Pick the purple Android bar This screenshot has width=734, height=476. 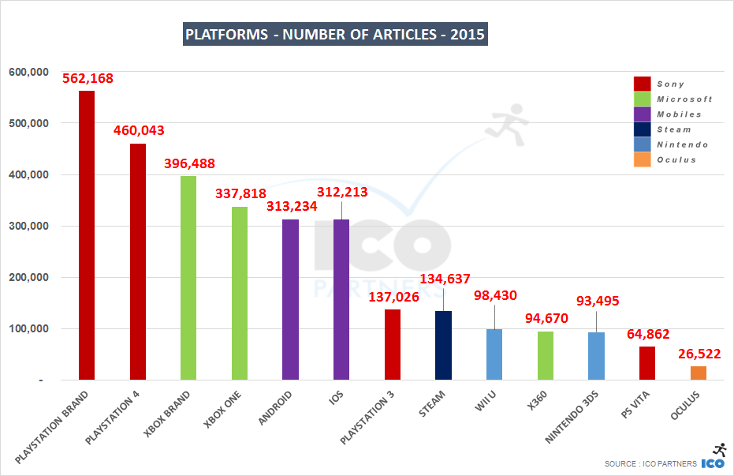click(290, 299)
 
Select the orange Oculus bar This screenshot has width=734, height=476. click(698, 373)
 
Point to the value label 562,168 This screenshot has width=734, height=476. click(89, 78)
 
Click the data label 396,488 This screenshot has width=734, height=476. click(189, 163)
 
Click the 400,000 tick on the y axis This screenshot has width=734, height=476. click(29, 175)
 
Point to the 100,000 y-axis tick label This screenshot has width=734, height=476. click(29, 329)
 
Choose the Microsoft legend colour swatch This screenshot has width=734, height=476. click(642, 99)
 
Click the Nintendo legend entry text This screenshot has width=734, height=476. click(682, 144)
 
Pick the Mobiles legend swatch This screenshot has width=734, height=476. click(642, 114)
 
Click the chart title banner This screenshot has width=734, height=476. click(335, 35)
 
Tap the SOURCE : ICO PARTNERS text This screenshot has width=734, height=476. click(650, 463)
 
